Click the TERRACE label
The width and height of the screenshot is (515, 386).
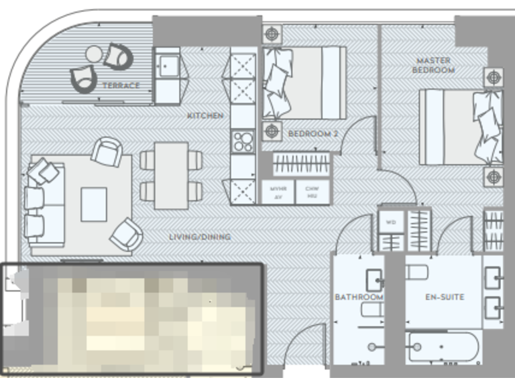[121, 86]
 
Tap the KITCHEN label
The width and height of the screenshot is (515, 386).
[205, 116]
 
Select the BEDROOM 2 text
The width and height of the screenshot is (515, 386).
[312, 134]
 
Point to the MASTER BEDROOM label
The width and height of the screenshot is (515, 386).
[433, 65]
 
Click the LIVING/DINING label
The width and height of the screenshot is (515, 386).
[200, 237]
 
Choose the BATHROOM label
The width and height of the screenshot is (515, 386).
[359, 296]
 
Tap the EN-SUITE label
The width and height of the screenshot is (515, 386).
[445, 296]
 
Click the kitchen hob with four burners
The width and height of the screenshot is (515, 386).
[242, 141]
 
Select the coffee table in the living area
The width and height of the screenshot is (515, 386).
[94, 204]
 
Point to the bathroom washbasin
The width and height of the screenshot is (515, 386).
[374, 279]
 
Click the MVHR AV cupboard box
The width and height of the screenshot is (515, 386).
[278, 192]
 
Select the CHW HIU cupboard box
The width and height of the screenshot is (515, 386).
[312, 192]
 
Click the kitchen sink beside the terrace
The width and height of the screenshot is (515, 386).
[166, 66]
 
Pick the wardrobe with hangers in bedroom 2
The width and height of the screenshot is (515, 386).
[302, 164]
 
